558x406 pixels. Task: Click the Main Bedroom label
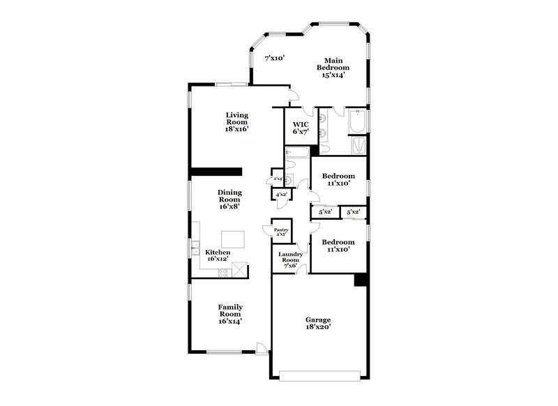pos(333,68)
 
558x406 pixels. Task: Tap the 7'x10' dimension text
pos(274,59)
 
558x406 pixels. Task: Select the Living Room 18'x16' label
pos(237,121)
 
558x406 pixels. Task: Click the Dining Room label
pos(229,199)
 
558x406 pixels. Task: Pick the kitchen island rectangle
pos(233,239)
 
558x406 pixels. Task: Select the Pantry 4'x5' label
pos(281,232)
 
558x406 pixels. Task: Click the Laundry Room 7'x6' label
pos(290,260)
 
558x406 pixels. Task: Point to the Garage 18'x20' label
pos(318,323)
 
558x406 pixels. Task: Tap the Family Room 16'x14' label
pos(229,314)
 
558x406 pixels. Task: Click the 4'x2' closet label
pos(282,195)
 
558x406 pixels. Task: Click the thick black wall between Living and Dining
pos(216,172)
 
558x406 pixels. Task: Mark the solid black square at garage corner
pos(361,279)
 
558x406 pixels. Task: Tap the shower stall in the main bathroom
pos(357,145)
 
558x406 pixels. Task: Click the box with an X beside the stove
pos(240,269)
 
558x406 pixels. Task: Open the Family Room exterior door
pos(262,349)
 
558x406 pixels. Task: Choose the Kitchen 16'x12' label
pos(217,255)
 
